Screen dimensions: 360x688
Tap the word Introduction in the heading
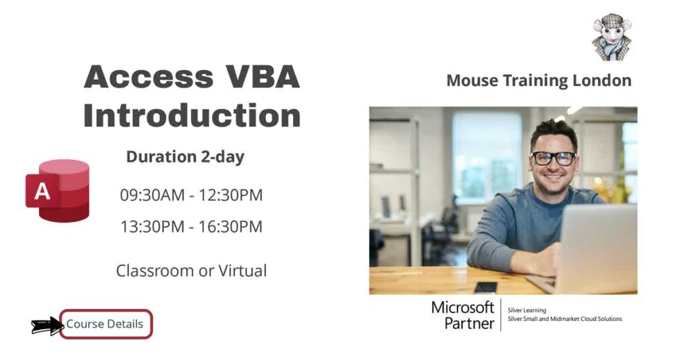pos(191,116)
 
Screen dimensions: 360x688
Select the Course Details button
pos(105,324)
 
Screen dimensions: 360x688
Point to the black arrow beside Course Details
pos(46,326)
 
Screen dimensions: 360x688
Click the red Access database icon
pos(58,191)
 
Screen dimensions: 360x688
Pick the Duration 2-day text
pos(185,157)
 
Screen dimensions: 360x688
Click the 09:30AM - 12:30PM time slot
pos(191,195)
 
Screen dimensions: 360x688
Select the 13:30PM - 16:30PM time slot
pos(191,227)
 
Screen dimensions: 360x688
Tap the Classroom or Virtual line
pos(191,271)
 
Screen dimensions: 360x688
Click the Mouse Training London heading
pos(539,81)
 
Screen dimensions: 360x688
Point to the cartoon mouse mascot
pos(611,37)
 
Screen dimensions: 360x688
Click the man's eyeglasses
pos(554,159)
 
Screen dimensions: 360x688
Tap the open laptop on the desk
pos(595,249)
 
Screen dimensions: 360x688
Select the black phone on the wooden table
pos(485,287)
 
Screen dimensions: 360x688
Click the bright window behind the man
pos(487,154)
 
